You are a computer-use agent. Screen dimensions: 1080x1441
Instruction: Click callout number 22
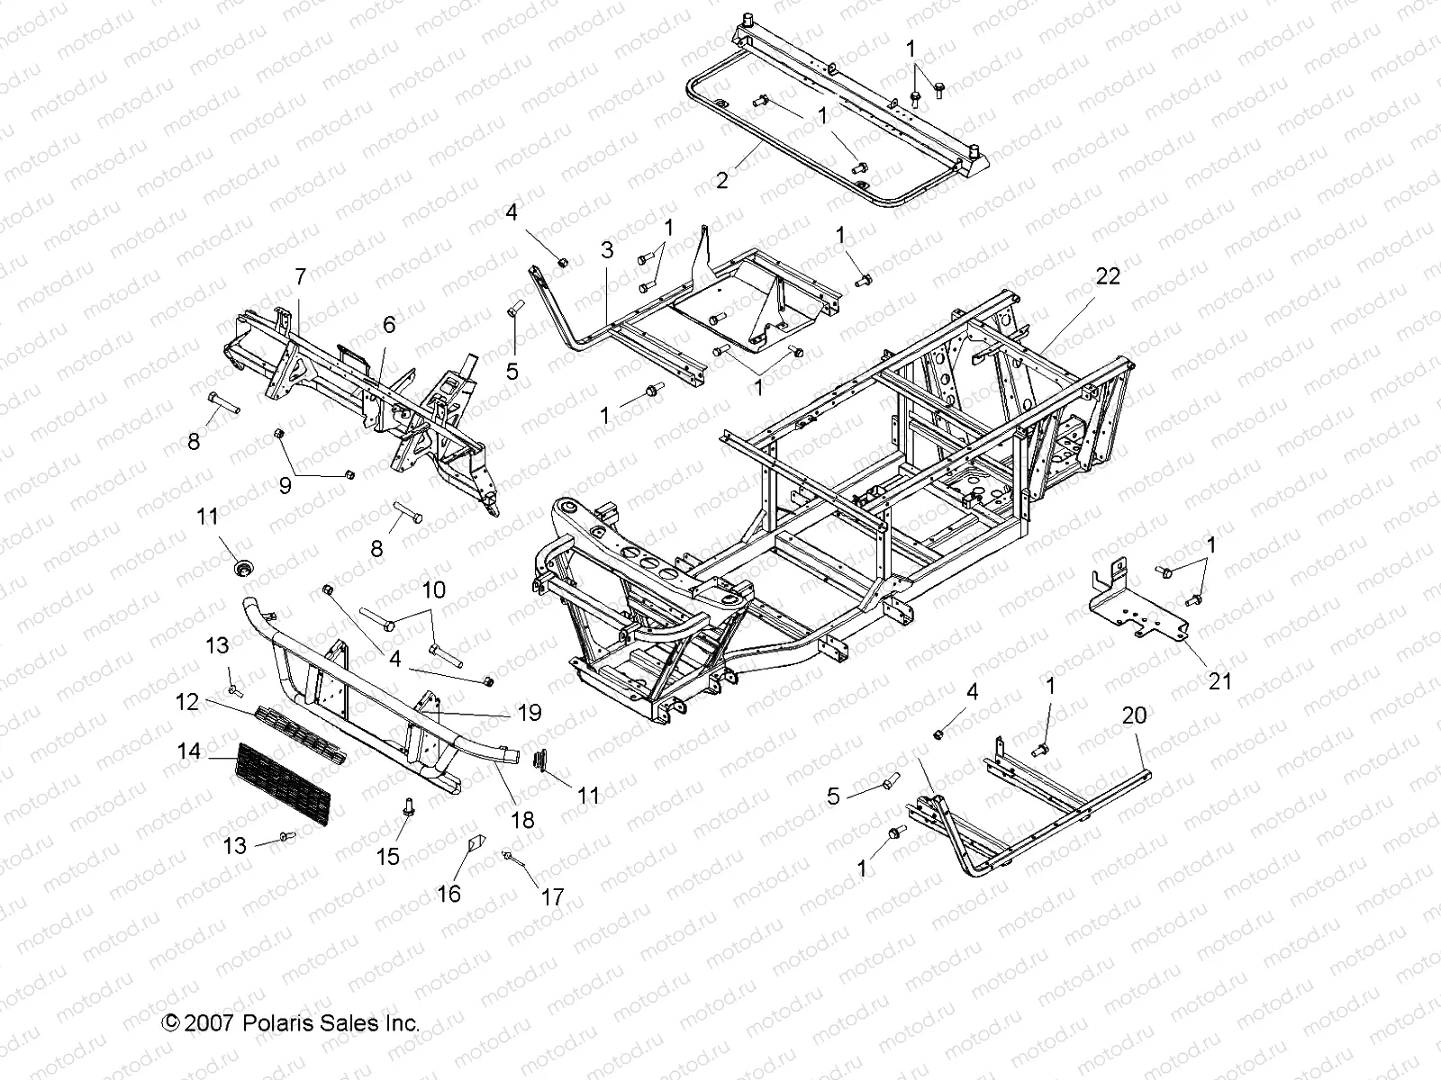point(1107,276)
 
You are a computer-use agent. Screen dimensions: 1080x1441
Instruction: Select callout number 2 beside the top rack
point(721,179)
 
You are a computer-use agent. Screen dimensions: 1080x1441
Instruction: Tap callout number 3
point(607,250)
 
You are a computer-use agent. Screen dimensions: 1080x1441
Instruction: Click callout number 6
point(388,325)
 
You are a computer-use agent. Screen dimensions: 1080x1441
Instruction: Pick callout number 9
point(285,485)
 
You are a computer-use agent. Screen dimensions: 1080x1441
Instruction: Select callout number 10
point(433,590)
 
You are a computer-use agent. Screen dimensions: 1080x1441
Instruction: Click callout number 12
point(186,701)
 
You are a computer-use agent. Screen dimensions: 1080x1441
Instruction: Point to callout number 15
point(387,856)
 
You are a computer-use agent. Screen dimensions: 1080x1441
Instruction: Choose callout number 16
point(449,893)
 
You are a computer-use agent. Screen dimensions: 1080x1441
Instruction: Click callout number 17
point(551,897)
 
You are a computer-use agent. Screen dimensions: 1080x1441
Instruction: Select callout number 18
point(522,819)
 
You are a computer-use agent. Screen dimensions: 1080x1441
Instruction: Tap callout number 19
point(530,713)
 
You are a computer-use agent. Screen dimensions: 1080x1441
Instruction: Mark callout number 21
point(1219,681)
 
